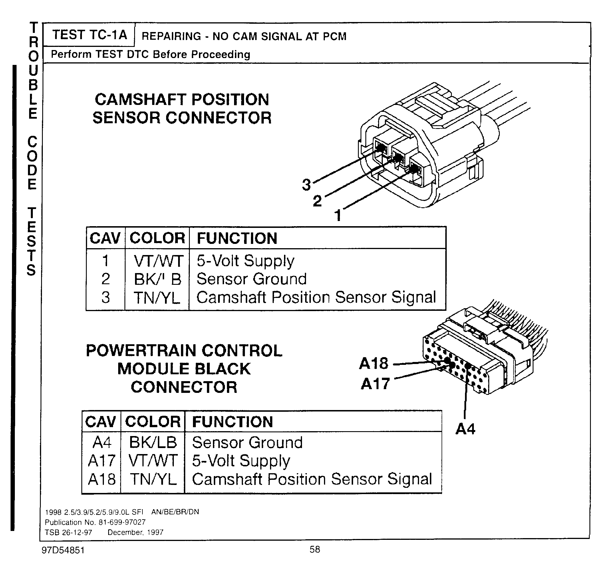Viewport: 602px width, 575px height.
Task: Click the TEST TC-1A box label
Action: pyautogui.click(x=89, y=35)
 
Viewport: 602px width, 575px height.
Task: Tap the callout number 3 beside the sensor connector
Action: pyautogui.click(x=306, y=184)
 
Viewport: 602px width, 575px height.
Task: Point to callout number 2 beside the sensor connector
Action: pyautogui.click(x=317, y=201)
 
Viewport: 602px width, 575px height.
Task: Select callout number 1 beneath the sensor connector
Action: pyautogui.click(x=338, y=216)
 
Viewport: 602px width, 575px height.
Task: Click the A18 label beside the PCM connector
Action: pyautogui.click(x=374, y=363)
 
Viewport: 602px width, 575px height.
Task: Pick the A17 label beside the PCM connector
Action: pyautogui.click(x=375, y=383)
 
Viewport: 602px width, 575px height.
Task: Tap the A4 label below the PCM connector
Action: pyautogui.click(x=465, y=429)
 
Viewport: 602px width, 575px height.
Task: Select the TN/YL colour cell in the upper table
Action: pyautogui.click(x=157, y=298)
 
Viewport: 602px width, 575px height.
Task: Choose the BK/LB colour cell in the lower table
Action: pyautogui.click(x=153, y=442)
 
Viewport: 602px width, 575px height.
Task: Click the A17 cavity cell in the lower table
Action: pyautogui.click(x=102, y=461)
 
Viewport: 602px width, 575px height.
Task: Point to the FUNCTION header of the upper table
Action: pyautogui.click(x=237, y=238)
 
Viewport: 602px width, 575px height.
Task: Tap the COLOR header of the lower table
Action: pyautogui.click(x=153, y=422)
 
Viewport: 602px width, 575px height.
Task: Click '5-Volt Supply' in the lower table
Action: pyautogui.click(x=241, y=461)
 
